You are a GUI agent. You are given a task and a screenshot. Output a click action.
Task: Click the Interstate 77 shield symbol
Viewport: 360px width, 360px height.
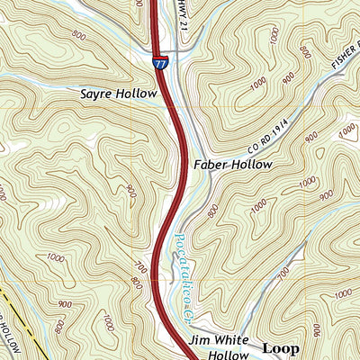point(159,63)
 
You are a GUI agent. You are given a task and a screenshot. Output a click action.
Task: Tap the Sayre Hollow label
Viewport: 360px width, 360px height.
point(113,93)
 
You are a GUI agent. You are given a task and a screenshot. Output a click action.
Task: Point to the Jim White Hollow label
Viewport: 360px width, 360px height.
point(219,349)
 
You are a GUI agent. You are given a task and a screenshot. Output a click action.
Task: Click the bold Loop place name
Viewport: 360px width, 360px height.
point(280,346)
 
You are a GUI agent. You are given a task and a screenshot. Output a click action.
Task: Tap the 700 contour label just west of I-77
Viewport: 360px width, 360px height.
point(141,267)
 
